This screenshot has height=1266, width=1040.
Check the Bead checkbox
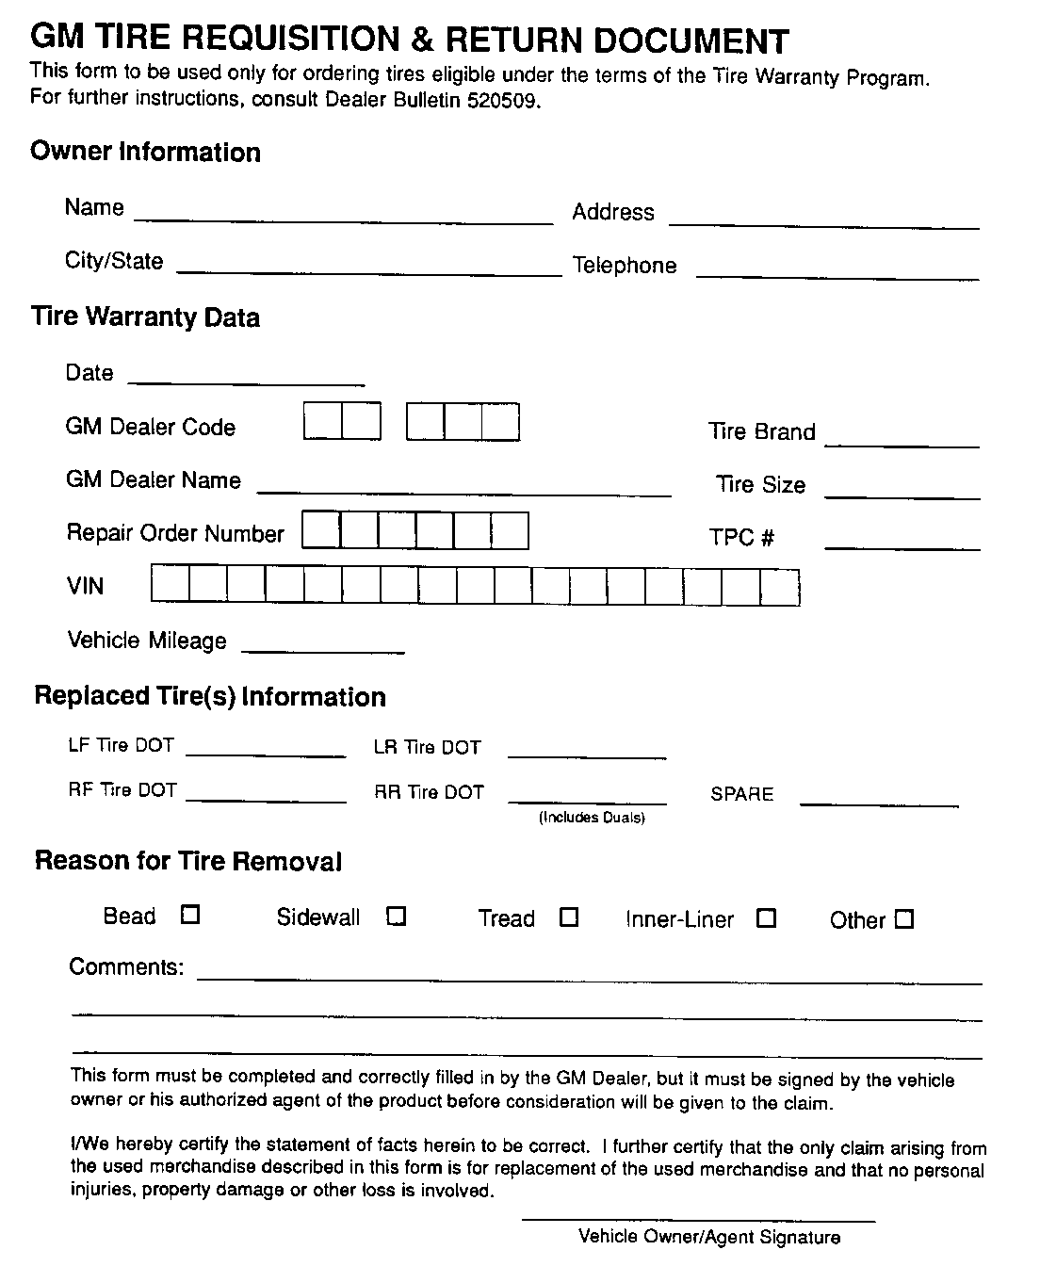pos(190,915)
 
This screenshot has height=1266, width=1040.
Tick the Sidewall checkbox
pos(397,916)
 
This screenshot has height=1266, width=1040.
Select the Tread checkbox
pos(569,917)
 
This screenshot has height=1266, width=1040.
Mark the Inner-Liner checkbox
pos(767,918)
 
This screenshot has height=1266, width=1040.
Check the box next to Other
pos(904,919)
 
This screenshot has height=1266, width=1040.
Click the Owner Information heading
pos(145,152)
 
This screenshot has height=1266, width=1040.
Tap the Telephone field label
pos(625,266)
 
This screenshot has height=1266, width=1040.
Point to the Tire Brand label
pos(761,431)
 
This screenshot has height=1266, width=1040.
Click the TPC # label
pos(741,538)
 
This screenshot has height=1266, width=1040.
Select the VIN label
pos(85,586)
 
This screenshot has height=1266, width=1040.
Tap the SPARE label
pos(741,794)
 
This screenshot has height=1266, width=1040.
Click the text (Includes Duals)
pos(592,818)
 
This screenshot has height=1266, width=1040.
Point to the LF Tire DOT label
pos(121,745)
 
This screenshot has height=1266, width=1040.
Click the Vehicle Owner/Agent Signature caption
pos(709,1237)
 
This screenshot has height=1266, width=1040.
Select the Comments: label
pos(126,966)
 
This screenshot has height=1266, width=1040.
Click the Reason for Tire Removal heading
pos(187,861)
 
